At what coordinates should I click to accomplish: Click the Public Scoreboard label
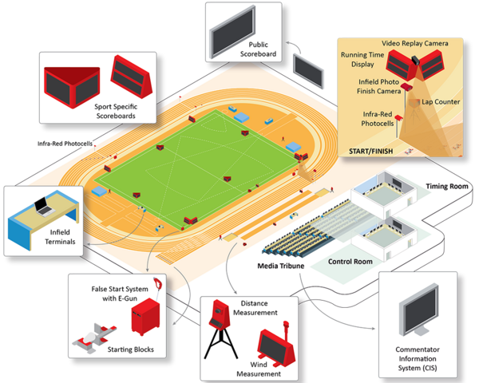click(258, 49)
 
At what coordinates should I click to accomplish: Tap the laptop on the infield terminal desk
click(44, 207)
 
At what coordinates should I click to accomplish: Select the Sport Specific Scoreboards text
click(116, 111)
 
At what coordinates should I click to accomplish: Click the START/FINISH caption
click(371, 151)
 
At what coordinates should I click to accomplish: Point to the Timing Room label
click(447, 186)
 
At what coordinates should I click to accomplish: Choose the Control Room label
click(350, 262)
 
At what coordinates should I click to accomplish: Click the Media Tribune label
click(281, 266)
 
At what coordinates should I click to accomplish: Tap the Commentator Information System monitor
click(419, 310)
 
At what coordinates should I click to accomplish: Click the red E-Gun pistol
click(158, 284)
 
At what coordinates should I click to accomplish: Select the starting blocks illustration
click(94, 338)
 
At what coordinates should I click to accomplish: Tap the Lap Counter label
click(441, 102)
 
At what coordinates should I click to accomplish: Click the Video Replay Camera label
click(415, 43)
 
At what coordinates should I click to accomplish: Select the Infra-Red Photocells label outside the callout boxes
click(65, 144)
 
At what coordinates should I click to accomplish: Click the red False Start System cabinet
click(145, 317)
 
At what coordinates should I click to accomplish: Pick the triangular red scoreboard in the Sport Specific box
click(72, 87)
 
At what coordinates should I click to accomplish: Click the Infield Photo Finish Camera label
click(378, 86)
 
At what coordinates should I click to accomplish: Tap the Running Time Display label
click(362, 60)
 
